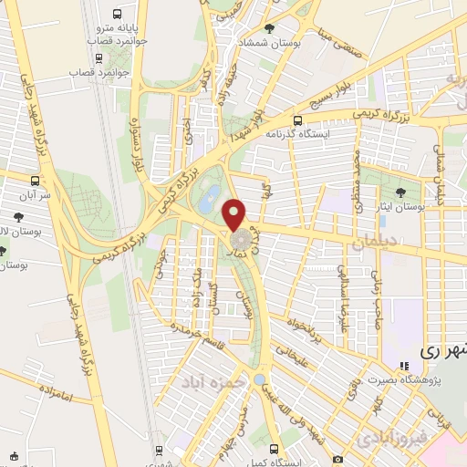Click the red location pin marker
pos(235,214)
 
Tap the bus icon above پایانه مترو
pos(116,14)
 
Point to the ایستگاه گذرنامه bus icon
pos(297,119)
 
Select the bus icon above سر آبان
pos(35,180)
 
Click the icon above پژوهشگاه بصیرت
pos(404,367)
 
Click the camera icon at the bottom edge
pos(338,459)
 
